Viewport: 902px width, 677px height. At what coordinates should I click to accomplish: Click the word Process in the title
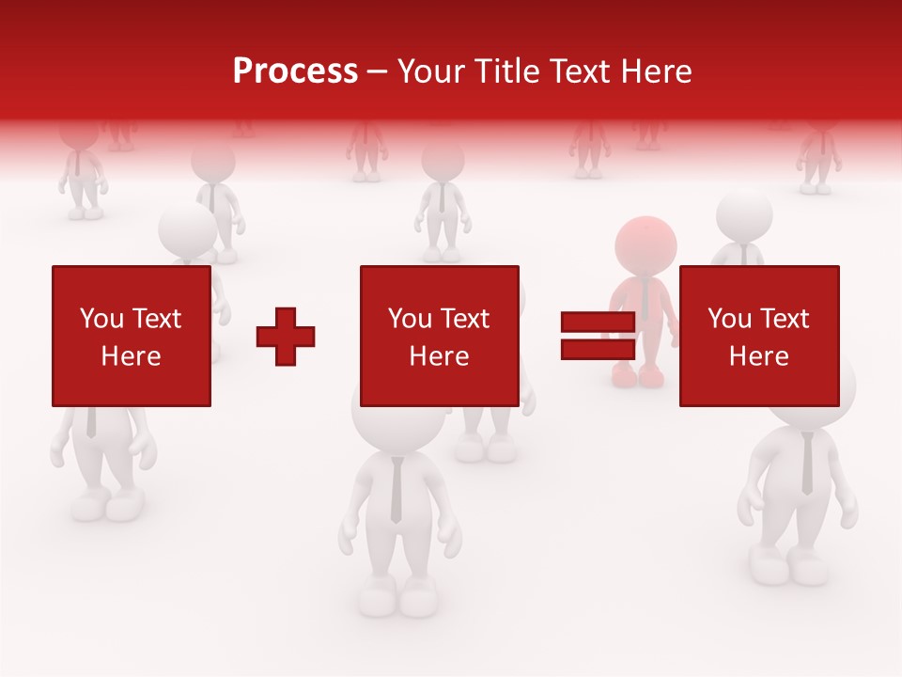tap(295, 71)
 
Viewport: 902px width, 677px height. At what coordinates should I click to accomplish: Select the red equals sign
tap(598, 336)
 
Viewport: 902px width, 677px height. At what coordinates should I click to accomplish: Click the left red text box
tap(132, 336)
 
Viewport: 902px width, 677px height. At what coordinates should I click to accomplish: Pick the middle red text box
tap(439, 336)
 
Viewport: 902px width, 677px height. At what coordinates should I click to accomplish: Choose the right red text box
tap(758, 336)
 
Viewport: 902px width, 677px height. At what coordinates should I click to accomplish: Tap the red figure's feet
tap(638, 376)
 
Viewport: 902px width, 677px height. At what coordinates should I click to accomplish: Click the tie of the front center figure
tap(397, 489)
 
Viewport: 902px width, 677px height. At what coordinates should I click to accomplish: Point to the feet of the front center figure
tap(396, 595)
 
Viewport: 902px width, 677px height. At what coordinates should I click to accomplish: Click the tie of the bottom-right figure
tap(807, 465)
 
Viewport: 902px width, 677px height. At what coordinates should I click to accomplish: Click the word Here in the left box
tap(132, 356)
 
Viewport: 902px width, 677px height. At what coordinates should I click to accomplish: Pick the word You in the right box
tap(728, 319)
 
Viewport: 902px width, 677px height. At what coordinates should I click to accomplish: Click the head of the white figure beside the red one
tap(744, 214)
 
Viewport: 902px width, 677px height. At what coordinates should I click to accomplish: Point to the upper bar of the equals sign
tap(598, 322)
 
